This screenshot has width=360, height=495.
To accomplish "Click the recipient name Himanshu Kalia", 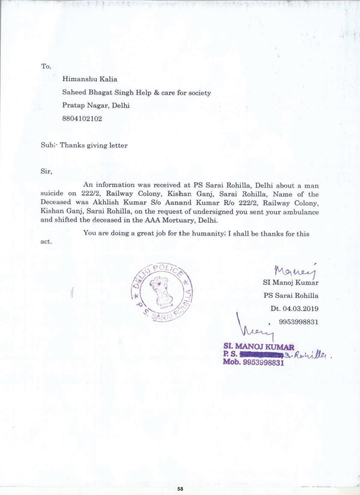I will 89,79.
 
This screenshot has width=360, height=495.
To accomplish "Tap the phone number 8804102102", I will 82,119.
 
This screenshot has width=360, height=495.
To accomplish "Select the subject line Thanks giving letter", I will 93,145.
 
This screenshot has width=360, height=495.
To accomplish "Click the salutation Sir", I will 46,171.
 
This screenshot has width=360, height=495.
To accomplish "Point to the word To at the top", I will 46,66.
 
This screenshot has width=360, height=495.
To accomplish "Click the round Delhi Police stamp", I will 162,292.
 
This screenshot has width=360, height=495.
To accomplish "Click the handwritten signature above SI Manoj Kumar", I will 295,271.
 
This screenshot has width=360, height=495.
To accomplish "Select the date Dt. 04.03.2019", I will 294,309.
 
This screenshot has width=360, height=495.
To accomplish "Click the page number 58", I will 180,489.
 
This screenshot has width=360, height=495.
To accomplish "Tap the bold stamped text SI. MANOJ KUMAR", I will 259,347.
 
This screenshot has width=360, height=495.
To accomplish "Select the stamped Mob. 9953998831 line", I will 253,362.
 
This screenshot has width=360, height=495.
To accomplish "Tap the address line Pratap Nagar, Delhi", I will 96,106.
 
